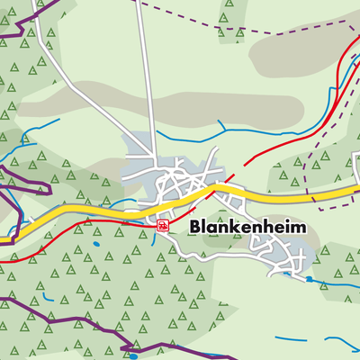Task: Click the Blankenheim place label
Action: (247, 229)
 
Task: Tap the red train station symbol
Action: (162, 225)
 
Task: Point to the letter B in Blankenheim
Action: (195, 229)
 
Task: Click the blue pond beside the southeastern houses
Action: (309, 279)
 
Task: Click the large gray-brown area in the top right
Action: (297, 58)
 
